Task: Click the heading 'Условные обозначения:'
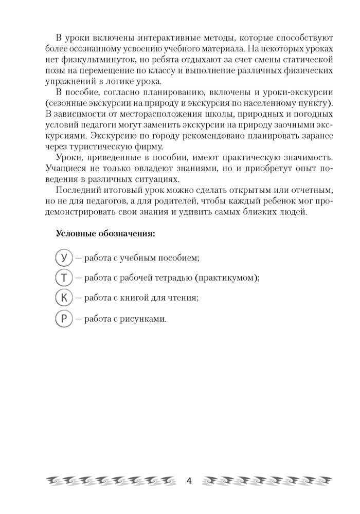coord(105,233)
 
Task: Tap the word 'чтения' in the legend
coord(184,298)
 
